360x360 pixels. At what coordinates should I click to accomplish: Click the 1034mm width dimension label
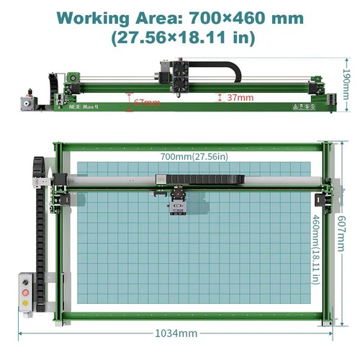(x=176, y=333)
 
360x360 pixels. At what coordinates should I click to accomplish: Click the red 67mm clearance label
(x=147, y=102)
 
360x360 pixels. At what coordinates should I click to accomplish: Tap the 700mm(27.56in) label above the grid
(x=194, y=156)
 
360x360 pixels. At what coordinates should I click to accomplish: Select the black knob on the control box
(x=27, y=282)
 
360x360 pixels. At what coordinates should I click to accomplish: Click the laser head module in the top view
(x=178, y=203)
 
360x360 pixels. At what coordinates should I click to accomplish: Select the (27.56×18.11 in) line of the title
(x=180, y=37)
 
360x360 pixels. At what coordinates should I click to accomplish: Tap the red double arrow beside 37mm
(x=219, y=96)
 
